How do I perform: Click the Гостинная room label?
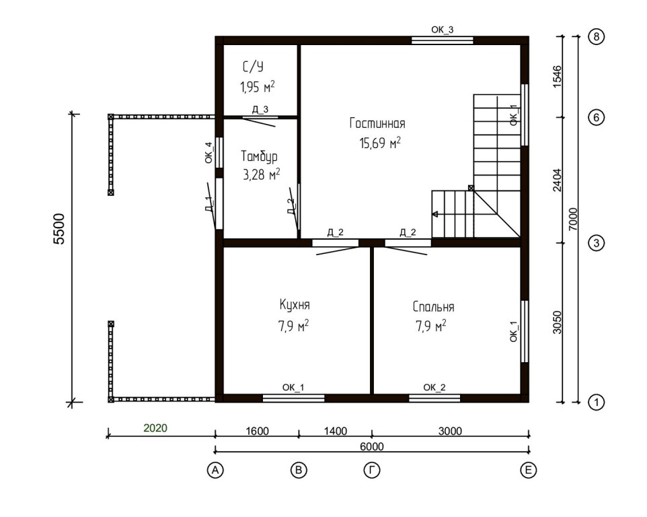click(377, 123)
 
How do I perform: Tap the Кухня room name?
click(295, 305)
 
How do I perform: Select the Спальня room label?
click(433, 307)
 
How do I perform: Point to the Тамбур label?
click(259, 156)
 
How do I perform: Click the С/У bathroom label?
click(253, 67)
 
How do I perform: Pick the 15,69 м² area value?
click(380, 143)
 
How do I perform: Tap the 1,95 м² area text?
click(258, 87)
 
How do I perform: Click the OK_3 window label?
click(443, 30)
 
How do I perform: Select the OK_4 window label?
click(208, 152)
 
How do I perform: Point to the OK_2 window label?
click(434, 387)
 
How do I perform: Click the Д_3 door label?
click(260, 110)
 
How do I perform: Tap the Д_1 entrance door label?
click(208, 203)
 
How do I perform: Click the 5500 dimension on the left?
click(59, 229)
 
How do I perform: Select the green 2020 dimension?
click(155, 428)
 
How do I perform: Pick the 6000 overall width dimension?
click(372, 447)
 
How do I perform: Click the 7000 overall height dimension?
click(573, 219)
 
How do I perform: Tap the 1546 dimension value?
click(557, 76)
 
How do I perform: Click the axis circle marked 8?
click(597, 37)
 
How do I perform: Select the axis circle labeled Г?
click(372, 471)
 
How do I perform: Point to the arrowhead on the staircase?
click(435, 214)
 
